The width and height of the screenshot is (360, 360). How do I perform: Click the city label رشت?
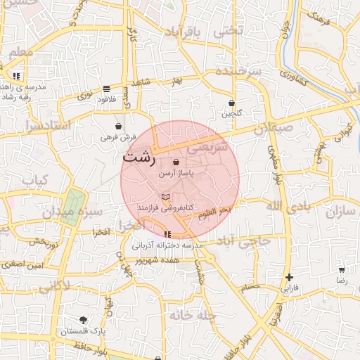pyautogui.click(x=139, y=157)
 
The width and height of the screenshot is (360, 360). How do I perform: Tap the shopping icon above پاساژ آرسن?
pyautogui.click(x=176, y=162)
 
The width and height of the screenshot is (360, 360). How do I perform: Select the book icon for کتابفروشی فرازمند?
pyautogui.click(x=165, y=198)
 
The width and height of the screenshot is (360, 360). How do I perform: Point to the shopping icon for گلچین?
pyautogui.click(x=231, y=103)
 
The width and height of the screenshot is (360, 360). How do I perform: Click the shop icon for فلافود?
pyautogui.click(x=105, y=89)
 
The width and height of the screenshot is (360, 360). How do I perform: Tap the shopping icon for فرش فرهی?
pyautogui.click(x=119, y=126)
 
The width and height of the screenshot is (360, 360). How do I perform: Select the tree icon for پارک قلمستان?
pyautogui.click(x=83, y=320)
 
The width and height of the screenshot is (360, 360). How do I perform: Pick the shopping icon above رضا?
pyautogui.click(x=342, y=269)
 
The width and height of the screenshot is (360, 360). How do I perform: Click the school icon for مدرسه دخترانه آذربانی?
pyautogui.click(x=167, y=234)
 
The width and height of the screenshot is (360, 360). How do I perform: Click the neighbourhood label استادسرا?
pyautogui.click(x=48, y=127)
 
